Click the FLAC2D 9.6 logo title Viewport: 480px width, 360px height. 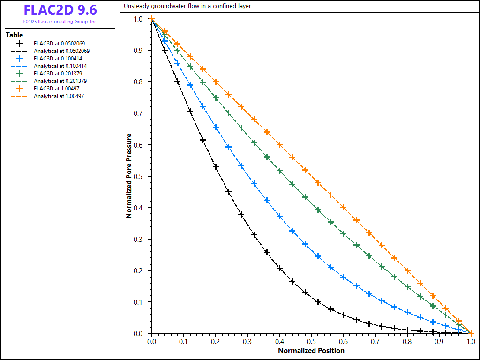[60, 10]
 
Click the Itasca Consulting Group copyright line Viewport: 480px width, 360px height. [60, 22]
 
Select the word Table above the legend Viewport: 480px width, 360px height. [14, 35]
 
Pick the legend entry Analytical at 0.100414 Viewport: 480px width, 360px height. [60, 66]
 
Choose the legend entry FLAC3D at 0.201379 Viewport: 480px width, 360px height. [60, 74]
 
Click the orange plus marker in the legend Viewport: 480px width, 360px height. [19, 89]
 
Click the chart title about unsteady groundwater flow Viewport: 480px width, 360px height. [187, 6]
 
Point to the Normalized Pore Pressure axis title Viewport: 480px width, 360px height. [129, 176]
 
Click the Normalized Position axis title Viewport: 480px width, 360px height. [311, 351]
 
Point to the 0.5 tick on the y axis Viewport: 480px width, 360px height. [139, 176]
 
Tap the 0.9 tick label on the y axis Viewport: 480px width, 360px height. [139, 50]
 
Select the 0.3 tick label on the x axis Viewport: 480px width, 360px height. [247, 342]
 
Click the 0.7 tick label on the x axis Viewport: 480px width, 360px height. [375, 342]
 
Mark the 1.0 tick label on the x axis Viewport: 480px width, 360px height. [471, 342]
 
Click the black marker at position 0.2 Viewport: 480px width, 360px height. [216, 167]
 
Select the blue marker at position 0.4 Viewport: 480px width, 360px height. [280, 216]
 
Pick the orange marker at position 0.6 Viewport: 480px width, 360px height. [344, 207]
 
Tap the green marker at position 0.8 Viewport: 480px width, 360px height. [407, 286]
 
